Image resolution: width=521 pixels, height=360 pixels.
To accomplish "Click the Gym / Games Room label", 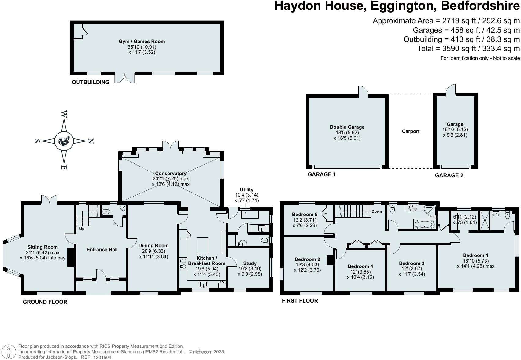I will pos(142,42).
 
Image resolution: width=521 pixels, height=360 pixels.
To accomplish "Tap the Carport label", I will pos(411,131).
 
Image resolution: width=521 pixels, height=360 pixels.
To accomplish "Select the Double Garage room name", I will pos(347,127).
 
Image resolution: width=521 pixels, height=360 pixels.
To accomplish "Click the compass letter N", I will pos(91,141).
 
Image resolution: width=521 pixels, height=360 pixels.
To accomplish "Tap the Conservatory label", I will pos(171,174).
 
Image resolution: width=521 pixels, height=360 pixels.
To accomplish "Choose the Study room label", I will pos(250,263).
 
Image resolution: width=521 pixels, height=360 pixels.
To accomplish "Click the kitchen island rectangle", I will pos(202,245).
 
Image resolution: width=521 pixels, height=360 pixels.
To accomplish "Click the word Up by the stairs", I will pos(82,229).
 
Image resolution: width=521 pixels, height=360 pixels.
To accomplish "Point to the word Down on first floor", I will pos(377,211).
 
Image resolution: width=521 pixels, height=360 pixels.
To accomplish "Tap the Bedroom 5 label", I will pos(305,215).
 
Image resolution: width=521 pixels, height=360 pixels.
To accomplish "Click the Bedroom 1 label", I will pos(475,255).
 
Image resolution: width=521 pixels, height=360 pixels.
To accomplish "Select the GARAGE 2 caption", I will pos(449,175).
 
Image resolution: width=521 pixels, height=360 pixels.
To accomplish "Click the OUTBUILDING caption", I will pos(91,82).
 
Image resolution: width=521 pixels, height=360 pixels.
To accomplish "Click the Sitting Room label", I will pos(42,247).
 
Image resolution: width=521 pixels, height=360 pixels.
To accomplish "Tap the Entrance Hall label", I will pos(102,250).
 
